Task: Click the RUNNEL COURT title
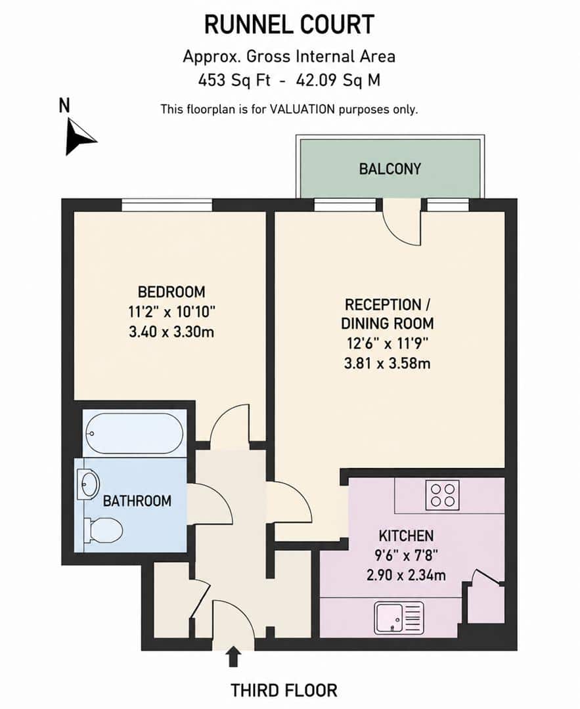tap(289, 24)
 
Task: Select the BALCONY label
tap(390, 169)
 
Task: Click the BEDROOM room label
tap(171, 291)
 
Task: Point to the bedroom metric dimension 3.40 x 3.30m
tap(171, 332)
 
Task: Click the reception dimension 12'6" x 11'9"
tap(388, 343)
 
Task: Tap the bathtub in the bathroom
tap(135, 434)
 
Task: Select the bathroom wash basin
tap(88, 484)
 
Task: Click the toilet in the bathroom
tap(104, 530)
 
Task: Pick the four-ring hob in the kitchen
tap(443, 495)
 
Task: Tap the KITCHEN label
tap(407, 536)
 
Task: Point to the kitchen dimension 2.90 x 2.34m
tap(406, 575)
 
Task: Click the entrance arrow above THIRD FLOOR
tap(233, 657)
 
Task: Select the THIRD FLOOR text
tap(284, 691)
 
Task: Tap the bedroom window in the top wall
tap(166, 205)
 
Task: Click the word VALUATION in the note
tap(302, 109)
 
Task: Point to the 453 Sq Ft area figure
tap(234, 81)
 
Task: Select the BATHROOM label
tap(137, 501)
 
